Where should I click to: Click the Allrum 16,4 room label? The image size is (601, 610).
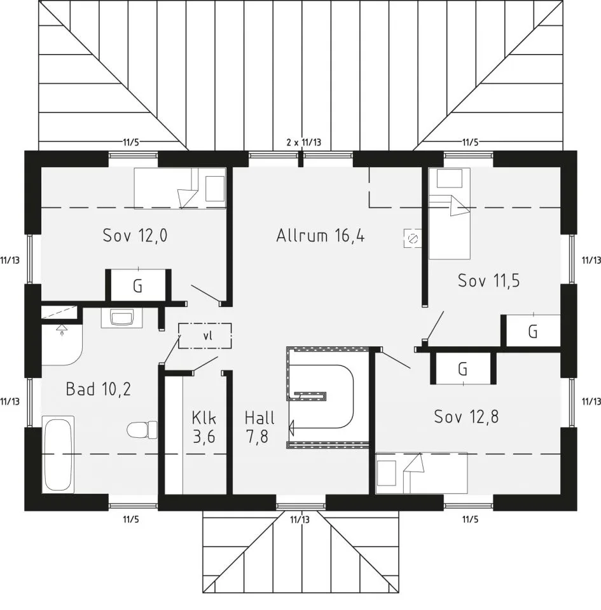pos(321,236)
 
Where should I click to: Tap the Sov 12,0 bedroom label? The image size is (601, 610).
pos(135,235)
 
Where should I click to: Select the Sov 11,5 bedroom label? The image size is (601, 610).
pos(488,280)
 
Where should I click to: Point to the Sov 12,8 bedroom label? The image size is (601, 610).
pos(466,417)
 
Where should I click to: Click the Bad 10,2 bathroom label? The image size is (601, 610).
pos(98,389)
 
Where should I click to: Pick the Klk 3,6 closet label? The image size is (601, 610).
pos(204,427)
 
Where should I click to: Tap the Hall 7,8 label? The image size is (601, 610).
pos(259,427)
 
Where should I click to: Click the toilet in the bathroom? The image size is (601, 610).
pos(142,430)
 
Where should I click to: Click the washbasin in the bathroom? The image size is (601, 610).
pos(122,317)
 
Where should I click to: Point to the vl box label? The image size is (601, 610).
pos(208,335)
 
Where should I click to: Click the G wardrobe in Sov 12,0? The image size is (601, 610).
pos(138,287)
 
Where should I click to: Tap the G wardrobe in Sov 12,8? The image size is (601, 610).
pos(463,369)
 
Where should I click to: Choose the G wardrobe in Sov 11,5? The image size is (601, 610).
pos(533,332)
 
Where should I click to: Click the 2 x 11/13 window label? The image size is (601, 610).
pos(304,142)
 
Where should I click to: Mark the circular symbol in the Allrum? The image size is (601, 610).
pos(413,238)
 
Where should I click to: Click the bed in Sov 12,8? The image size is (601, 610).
pos(422,473)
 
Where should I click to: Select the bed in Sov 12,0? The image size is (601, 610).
pos(180,188)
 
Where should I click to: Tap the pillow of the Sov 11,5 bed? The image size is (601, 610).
pos(449,179)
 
